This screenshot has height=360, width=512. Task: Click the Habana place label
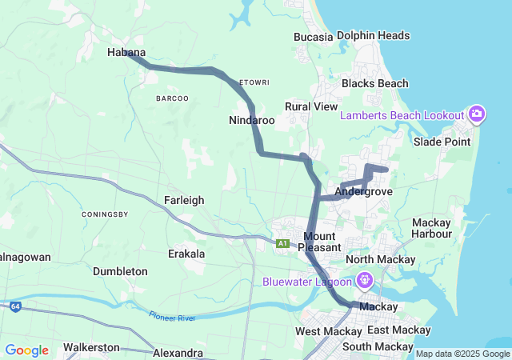(126, 53)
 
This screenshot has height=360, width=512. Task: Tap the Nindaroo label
(252, 121)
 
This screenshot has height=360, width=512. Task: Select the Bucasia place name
(313, 37)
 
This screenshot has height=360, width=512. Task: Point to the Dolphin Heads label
(373, 36)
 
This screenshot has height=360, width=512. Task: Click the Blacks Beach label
(374, 83)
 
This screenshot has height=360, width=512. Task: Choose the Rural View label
(311, 106)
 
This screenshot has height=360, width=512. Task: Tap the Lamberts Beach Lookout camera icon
(477, 114)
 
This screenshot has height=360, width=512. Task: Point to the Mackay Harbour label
(432, 228)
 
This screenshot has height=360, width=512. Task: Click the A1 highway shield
(282, 243)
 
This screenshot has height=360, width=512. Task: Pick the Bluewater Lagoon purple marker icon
(365, 281)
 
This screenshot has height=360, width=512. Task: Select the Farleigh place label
(184, 200)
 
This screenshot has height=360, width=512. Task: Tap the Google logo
(26, 350)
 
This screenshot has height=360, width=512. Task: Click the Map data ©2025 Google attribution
(462, 354)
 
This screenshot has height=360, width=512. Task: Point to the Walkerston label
(91, 347)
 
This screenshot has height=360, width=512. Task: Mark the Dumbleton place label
(120, 271)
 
